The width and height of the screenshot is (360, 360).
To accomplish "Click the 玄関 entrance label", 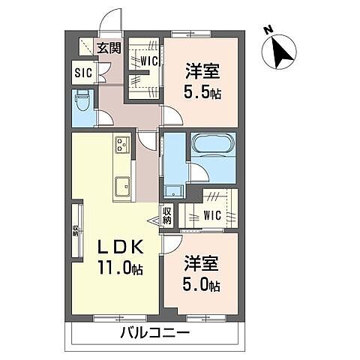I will tap(109, 48).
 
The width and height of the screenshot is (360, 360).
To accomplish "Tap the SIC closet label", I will tap(82, 73).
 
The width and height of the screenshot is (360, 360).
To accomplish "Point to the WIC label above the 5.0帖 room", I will tap(213, 215).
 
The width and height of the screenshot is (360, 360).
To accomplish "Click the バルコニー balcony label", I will tap(155, 333).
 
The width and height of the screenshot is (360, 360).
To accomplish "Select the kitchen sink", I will tap(122, 184).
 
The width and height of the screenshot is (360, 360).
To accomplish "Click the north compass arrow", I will tap(281, 52).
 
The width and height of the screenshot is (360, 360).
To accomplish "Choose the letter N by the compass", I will tap(268, 30).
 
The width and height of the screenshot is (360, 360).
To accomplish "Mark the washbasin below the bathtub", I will tap(174, 190).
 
